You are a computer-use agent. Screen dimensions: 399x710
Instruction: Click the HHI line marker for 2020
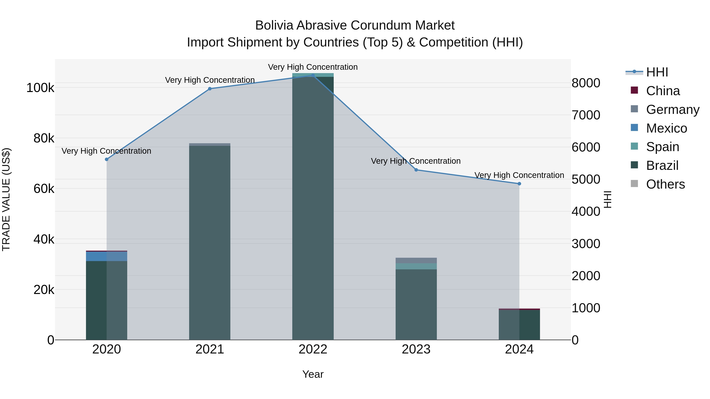[x=107, y=159]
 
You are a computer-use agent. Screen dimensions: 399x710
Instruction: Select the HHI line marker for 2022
[x=313, y=75]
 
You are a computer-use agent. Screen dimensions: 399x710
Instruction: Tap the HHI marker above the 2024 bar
[x=519, y=184]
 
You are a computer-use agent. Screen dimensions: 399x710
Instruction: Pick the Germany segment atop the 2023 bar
[x=416, y=260]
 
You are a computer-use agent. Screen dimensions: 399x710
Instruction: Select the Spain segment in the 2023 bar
[x=416, y=266]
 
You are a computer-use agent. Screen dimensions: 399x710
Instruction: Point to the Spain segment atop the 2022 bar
[x=313, y=75]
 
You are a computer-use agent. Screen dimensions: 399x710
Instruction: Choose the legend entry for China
[x=663, y=91]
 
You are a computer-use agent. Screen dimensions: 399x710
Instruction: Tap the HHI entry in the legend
[x=657, y=72]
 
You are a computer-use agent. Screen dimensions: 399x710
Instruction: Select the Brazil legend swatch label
[x=662, y=166]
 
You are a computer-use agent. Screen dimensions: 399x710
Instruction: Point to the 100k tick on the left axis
[x=40, y=88]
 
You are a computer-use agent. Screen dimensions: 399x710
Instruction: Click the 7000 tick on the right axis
[x=586, y=115]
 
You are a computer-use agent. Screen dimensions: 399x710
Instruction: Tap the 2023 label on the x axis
[x=416, y=349]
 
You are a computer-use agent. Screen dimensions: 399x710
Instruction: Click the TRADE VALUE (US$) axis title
[x=6, y=199]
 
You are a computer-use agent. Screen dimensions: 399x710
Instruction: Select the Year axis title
[x=313, y=374]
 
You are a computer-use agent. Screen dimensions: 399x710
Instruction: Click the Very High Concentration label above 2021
[x=210, y=80]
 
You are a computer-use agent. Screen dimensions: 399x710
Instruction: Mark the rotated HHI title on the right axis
[x=607, y=199]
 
